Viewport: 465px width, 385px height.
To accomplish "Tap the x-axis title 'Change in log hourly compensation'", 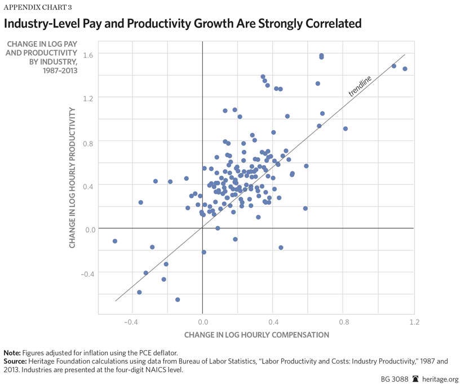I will [256, 335].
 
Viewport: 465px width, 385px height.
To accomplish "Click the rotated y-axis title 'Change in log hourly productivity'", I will [73, 179].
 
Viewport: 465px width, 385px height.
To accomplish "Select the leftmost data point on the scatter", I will [115, 241].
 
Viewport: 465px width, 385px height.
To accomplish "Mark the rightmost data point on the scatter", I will [405, 69].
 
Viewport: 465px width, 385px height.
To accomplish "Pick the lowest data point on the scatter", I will [178, 300].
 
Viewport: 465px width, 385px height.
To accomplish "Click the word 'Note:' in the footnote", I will [14, 352].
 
